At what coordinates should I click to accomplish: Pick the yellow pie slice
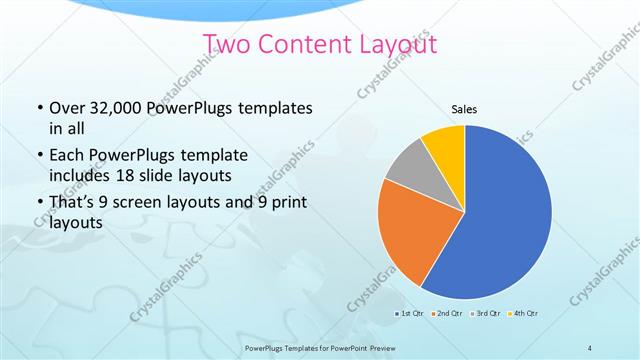pyautogui.click(x=444, y=146)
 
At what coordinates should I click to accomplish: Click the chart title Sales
pyautogui.click(x=463, y=109)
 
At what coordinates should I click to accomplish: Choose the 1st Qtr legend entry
pyautogui.click(x=409, y=314)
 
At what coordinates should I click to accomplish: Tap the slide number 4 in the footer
pyautogui.click(x=590, y=347)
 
